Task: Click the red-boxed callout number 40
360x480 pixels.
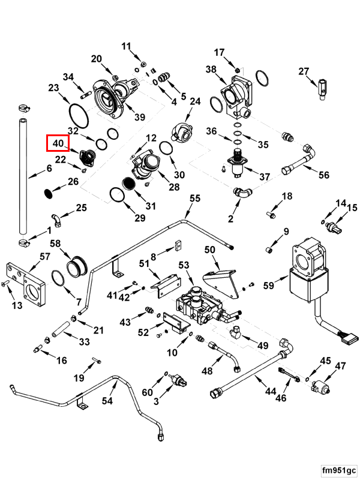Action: point(58,144)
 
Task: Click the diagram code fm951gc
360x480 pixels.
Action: point(338,469)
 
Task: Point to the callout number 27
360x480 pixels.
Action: point(304,72)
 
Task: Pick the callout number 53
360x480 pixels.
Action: point(184,265)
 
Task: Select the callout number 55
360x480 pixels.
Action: point(194,199)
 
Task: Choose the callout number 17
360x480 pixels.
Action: point(220,52)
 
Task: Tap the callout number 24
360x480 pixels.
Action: point(194,102)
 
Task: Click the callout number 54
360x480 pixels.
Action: point(107,401)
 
